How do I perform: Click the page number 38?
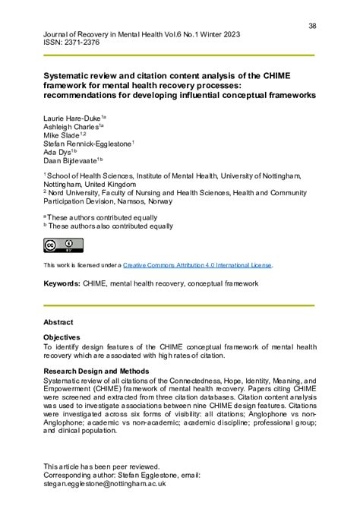312,26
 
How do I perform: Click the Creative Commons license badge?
63,245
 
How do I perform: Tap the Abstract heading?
58,322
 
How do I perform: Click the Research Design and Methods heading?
96,371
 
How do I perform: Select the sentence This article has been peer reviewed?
101,466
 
